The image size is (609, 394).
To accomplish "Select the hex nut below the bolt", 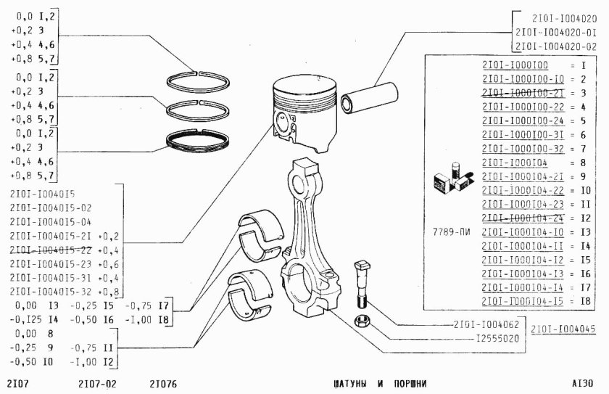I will click(361, 321).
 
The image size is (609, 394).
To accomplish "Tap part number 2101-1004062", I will click(479, 326).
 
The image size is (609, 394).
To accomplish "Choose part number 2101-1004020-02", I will click(555, 46).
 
